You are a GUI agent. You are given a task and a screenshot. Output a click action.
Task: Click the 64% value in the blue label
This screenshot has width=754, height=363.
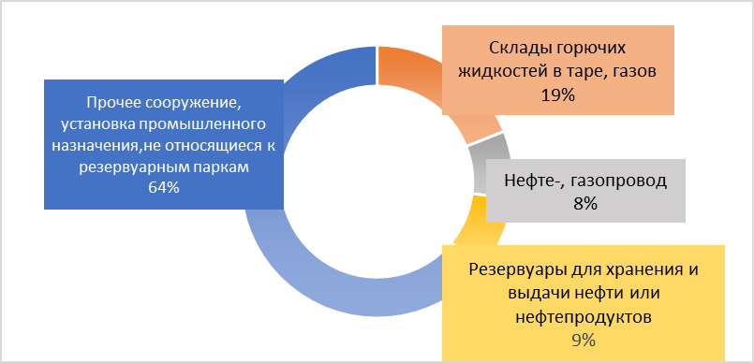coord(164,187)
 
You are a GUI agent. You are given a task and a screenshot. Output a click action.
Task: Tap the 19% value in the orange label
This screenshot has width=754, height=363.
coord(558,94)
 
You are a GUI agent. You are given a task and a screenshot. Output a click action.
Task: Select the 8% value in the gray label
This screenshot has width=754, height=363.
coord(585,204)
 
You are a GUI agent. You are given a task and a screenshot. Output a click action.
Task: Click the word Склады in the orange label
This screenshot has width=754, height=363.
coord(517,48)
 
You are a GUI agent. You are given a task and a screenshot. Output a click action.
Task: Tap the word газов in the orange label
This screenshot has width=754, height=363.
coord(635,72)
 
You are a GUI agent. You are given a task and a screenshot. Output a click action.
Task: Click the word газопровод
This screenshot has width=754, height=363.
coord(616,181)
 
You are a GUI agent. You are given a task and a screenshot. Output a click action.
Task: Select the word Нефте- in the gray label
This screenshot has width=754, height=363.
coord(532,181)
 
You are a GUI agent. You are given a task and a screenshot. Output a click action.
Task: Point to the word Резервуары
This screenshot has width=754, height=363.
coord(516,269)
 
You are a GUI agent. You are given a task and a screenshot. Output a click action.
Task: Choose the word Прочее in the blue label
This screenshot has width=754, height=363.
coord(114,103)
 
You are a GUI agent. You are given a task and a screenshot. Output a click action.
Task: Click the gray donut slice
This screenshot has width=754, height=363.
coord(492,163)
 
